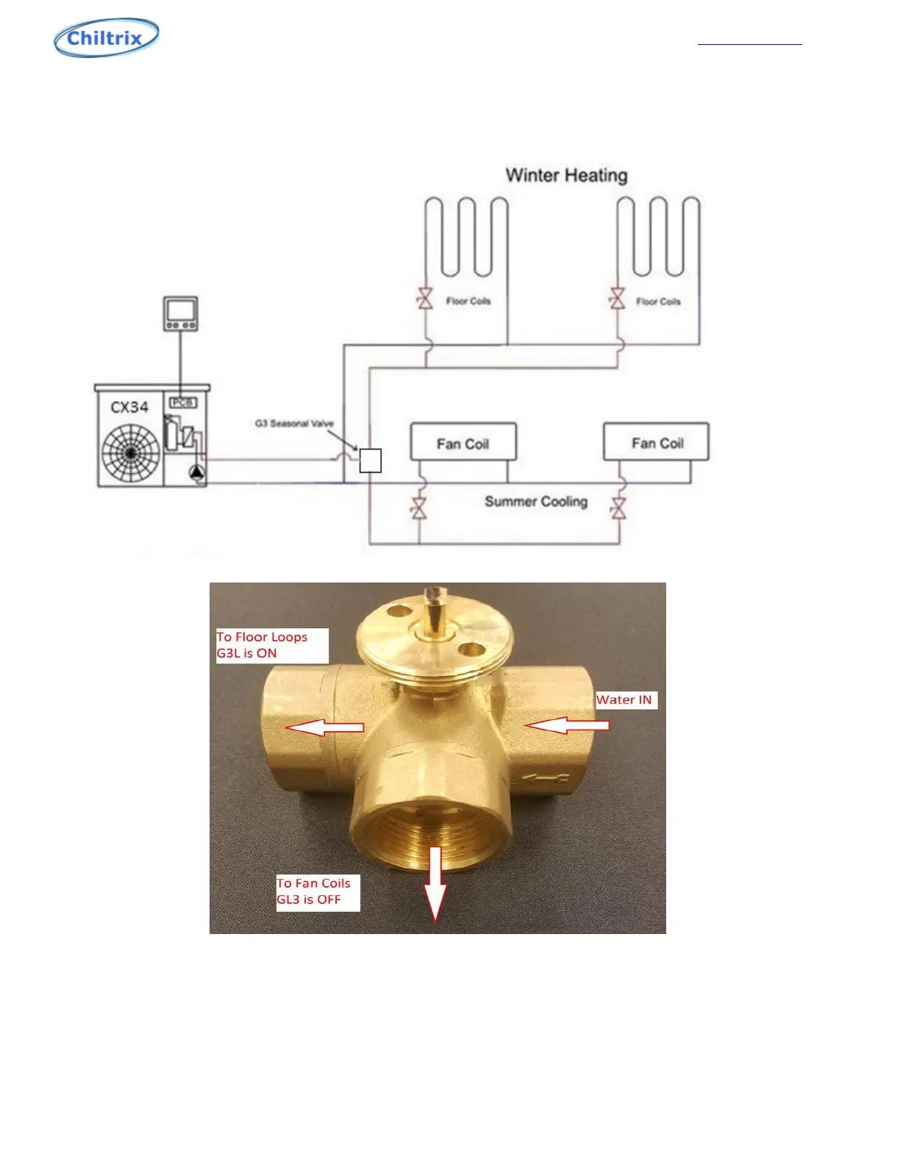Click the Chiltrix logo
(x=107, y=38)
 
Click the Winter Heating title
(x=566, y=175)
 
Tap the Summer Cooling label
(x=535, y=502)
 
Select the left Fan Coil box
(x=463, y=442)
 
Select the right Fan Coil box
(x=657, y=441)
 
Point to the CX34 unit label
(x=129, y=407)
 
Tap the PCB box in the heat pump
(x=182, y=402)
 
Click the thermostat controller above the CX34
(x=180, y=314)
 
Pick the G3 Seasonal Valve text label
(x=294, y=424)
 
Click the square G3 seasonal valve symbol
(x=371, y=460)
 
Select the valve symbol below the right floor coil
(x=617, y=299)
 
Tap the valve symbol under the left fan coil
(x=419, y=508)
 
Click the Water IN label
(x=624, y=700)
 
